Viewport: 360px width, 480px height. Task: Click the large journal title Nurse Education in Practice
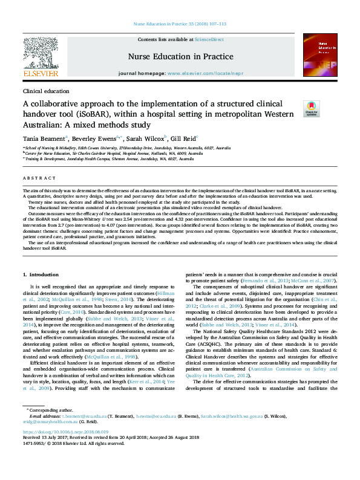pyautogui.click(x=172, y=57)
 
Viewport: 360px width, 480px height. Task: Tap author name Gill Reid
pyautogui.click(x=183, y=138)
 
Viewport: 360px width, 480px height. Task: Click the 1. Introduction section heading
pyautogui.click(x=41, y=275)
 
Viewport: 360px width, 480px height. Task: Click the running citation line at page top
pyautogui.click(x=180, y=24)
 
